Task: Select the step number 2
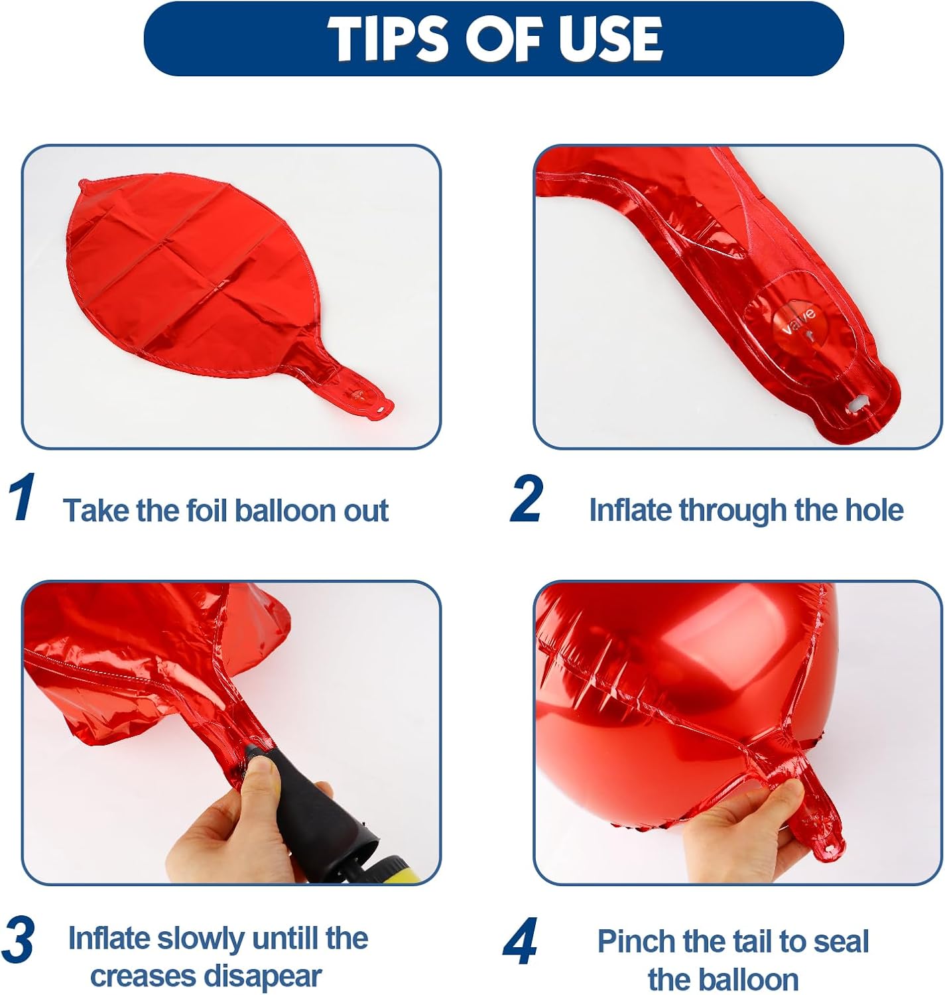click(x=527, y=498)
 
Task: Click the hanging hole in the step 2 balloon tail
click(x=859, y=404)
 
